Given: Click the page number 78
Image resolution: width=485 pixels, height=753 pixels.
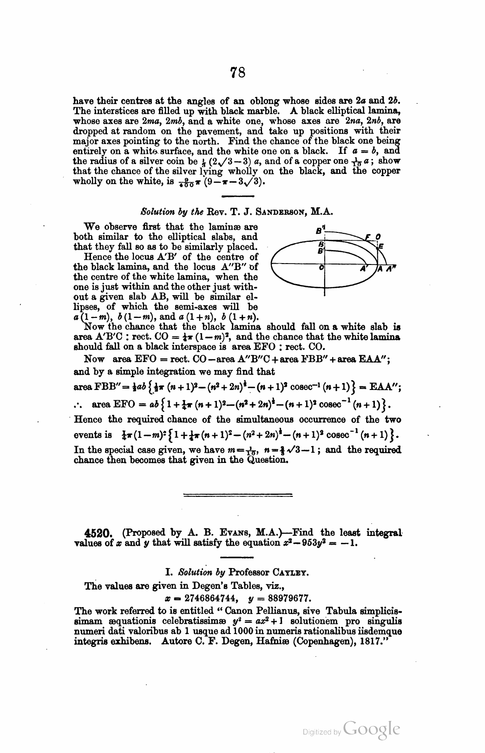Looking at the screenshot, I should coord(237,73).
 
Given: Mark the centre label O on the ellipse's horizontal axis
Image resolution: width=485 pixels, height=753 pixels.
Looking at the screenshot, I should coord(321,268).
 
